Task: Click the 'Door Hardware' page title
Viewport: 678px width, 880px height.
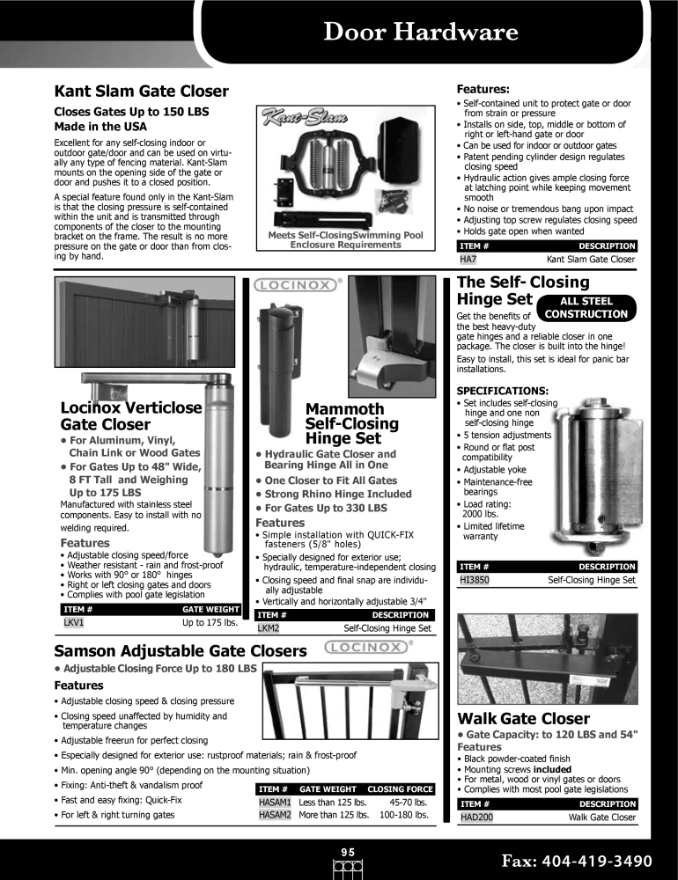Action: click(x=420, y=33)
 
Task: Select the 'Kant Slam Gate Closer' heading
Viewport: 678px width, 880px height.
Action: click(x=141, y=91)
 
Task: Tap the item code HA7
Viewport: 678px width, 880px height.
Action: click(x=468, y=260)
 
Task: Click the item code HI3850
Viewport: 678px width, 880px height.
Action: click(x=475, y=581)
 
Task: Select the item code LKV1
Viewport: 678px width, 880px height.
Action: click(x=74, y=622)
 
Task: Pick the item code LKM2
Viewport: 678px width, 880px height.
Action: click(x=269, y=629)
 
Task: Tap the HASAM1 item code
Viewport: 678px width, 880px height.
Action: click(x=275, y=803)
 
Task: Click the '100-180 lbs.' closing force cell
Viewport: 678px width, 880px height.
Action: click(x=403, y=816)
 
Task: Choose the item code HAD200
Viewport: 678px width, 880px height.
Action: click(x=476, y=818)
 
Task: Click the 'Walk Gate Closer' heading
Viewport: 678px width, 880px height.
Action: click(x=523, y=718)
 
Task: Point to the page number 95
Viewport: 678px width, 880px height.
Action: click(x=348, y=851)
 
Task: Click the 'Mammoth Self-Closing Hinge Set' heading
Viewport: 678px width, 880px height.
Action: click(x=351, y=423)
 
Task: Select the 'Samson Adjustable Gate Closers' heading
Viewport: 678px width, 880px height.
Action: click(x=181, y=650)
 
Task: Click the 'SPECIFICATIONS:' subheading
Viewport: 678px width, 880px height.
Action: click(x=501, y=390)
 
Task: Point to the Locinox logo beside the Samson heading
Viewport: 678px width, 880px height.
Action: click(x=369, y=649)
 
